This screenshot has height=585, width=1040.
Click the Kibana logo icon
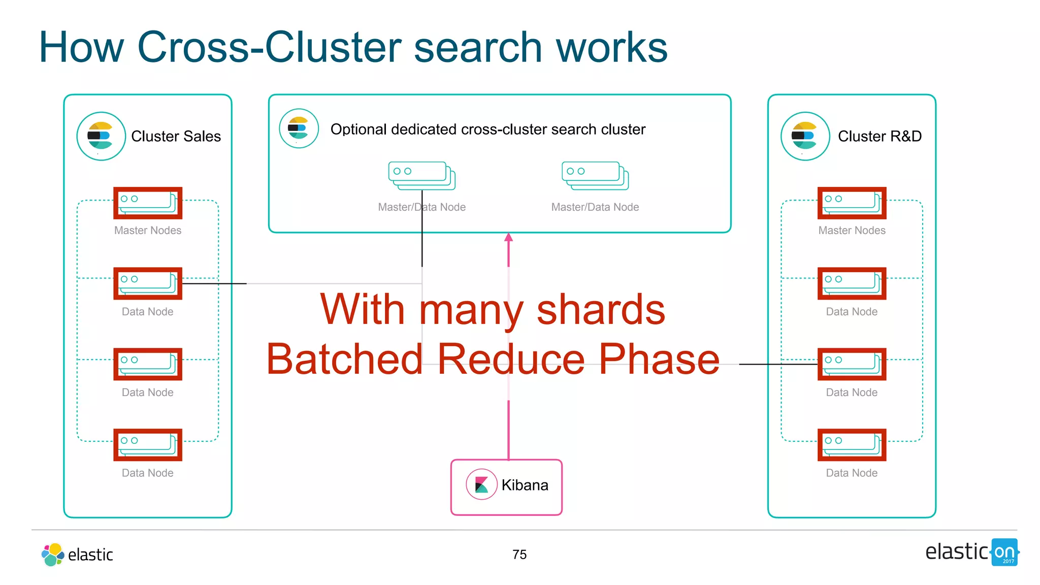481,484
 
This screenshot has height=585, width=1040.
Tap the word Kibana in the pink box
525,485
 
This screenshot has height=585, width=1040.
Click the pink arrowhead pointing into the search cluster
508,237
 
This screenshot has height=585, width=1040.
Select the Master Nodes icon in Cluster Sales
148,203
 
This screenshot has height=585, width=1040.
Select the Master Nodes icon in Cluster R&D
852,203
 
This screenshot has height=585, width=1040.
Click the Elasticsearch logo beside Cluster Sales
101,136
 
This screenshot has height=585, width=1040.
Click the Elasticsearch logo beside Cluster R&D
805,136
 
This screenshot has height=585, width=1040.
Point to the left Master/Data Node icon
421,176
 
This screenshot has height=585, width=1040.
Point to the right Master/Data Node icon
595,176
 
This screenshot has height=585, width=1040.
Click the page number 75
519,554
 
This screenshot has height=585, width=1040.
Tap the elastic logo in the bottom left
77,554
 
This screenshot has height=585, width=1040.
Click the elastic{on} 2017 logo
972,552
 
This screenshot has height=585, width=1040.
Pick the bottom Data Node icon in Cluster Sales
148,445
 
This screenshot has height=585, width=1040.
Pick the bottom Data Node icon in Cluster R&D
852,445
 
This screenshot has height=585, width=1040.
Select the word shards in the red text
600,310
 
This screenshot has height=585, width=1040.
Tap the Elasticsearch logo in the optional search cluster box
299,128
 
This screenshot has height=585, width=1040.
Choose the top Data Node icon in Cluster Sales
148,283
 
